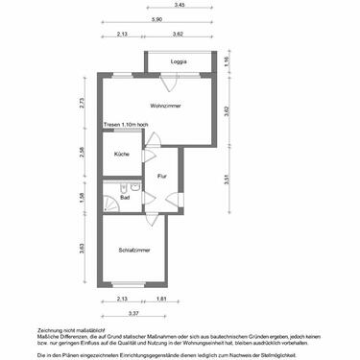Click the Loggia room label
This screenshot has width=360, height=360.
pyautogui.click(x=178, y=61)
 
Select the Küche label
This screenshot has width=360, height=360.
pyautogui.click(x=121, y=154)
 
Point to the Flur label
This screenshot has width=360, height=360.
pyautogui.click(x=162, y=177)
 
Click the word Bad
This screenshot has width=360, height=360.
pyautogui.click(x=111, y=198)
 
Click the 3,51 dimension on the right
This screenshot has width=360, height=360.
pyautogui.click(x=227, y=179)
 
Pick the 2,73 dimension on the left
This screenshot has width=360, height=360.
pyautogui.click(x=84, y=103)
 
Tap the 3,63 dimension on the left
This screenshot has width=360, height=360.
pyautogui.click(x=84, y=249)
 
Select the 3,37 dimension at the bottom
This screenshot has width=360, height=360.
pyautogui.click(x=135, y=313)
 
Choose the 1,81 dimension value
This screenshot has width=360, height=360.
pyautogui.click(x=163, y=300)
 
